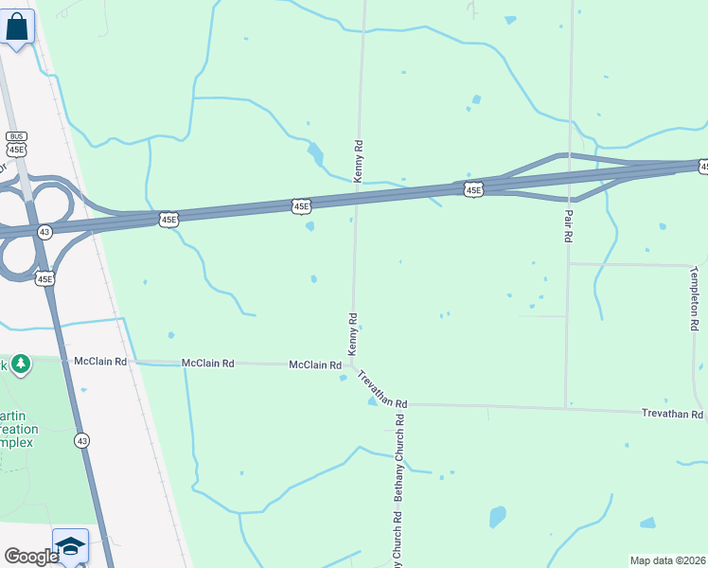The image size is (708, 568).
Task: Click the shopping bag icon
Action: [18, 27]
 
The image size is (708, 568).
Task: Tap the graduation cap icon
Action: [70, 546]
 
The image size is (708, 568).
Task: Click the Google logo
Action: [31, 557]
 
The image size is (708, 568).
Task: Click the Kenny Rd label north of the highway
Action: [359, 161]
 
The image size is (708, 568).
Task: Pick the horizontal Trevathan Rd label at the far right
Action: [672, 415]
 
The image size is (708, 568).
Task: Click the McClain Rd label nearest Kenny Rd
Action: [314, 364]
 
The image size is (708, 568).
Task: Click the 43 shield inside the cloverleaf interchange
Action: [44, 231]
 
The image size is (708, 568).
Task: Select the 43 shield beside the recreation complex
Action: [82, 440]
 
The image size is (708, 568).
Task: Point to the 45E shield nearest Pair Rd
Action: [474, 190]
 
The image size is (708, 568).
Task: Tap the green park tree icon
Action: [19, 364]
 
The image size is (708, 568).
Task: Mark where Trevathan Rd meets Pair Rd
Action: [566, 408]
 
